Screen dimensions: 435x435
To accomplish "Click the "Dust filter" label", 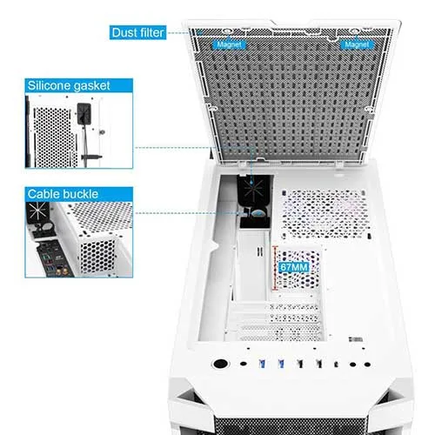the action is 137,32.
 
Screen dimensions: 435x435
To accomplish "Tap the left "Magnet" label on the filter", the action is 229,44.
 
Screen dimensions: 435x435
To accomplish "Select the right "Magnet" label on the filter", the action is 357,44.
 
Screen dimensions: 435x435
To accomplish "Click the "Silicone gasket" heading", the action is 69,85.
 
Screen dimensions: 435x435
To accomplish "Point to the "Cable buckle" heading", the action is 63,194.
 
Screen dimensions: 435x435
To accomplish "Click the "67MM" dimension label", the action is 293,267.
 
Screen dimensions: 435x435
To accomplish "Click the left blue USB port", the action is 262,364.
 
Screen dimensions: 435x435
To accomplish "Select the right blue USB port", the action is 281,364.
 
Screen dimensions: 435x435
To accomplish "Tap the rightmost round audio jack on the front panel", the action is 367,365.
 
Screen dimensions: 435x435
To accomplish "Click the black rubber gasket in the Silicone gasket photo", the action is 84,114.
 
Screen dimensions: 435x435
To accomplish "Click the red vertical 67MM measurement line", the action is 274,268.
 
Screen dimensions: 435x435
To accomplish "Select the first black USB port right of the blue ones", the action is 300,364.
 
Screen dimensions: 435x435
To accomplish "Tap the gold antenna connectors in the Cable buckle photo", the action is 62,271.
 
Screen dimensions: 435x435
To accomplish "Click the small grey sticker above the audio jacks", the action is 356,339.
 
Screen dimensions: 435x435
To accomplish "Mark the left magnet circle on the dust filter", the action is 227,31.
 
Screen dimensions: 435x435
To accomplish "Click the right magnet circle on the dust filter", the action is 354,31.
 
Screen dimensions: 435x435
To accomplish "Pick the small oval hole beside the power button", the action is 244,364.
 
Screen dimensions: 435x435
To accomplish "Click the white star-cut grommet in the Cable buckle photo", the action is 37,211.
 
